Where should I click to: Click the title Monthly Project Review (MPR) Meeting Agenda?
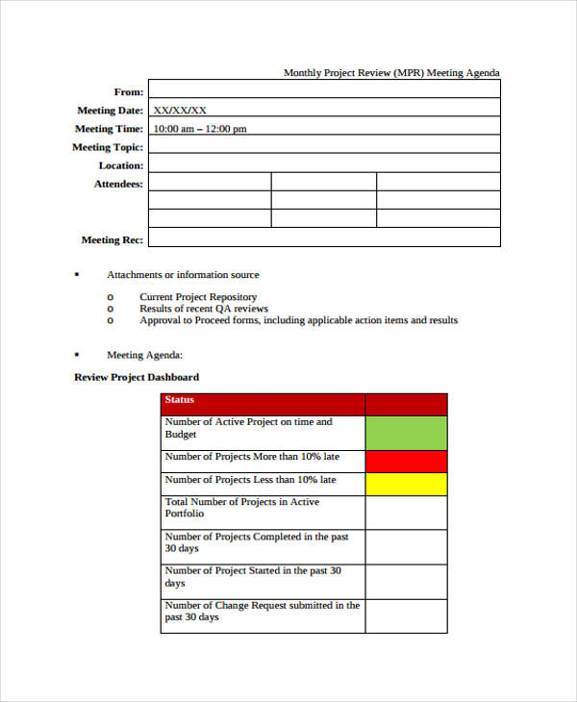pos(391,73)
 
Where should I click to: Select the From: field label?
pos(129,92)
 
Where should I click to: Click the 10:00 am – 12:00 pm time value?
pos(200,129)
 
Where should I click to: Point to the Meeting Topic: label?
pos(108,147)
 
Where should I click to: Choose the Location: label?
pos(120,165)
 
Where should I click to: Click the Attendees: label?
pos(118,184)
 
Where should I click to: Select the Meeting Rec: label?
pos(113,239)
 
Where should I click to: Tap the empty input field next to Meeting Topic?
pos(324,147)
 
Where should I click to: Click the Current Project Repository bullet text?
pos(198,297)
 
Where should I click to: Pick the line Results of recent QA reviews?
pos(204,309)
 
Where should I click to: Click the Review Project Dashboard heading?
pos(137,377)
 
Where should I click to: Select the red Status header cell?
pos(263,401)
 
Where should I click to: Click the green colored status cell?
pos(406,433)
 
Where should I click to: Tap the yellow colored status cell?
pos(406,483)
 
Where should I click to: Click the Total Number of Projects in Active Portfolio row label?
pos(242,508)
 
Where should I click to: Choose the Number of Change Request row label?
pos(262,612)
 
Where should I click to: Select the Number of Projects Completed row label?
pos(257,542)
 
